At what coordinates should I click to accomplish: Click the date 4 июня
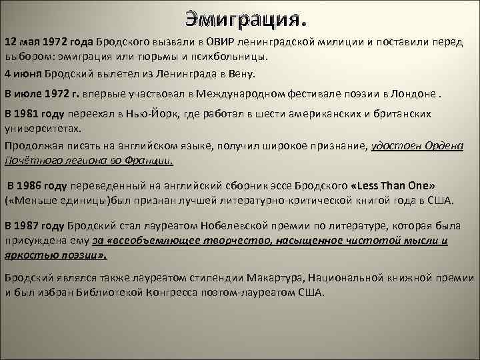23,74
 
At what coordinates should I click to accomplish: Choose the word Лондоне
416,93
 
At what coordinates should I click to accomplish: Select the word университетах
43,128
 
